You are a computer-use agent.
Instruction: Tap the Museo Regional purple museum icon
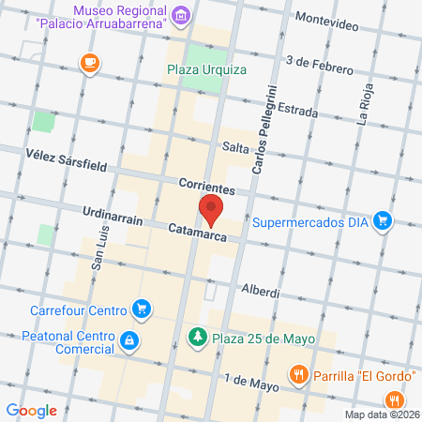[182, 15]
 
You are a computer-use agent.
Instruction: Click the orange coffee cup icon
[89, 63]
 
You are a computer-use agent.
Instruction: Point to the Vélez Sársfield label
[68, 165]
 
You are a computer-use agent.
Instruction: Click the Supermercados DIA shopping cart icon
[382, 221]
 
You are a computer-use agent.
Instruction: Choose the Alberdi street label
[261, 292]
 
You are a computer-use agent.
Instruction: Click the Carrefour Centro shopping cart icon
[142, 308]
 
